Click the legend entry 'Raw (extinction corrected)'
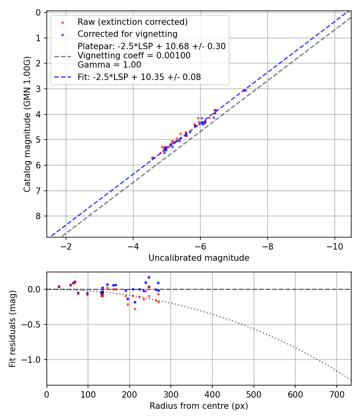(x=132, y=22)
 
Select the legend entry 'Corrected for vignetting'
(x=127, y=34)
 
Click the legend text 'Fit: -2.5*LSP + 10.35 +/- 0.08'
(x=139, y=77)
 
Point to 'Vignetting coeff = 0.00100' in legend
(x=134, y=56)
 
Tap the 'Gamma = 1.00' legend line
(x=109, y=65)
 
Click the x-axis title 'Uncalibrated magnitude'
(x=199, y=258)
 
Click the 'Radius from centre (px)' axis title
(x=199, y=406)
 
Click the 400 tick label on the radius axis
(x=212, y=394)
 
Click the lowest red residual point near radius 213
(x=135, y=309)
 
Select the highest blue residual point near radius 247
(x=149, y=277)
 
